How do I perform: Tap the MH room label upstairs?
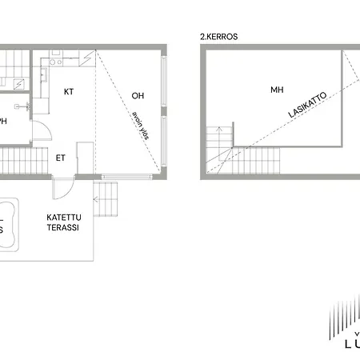[x=277, y=90]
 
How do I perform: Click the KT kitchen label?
[x=68, y=91]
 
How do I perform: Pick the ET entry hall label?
[x=61, y=157]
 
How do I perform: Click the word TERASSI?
[x=62, y=226]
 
